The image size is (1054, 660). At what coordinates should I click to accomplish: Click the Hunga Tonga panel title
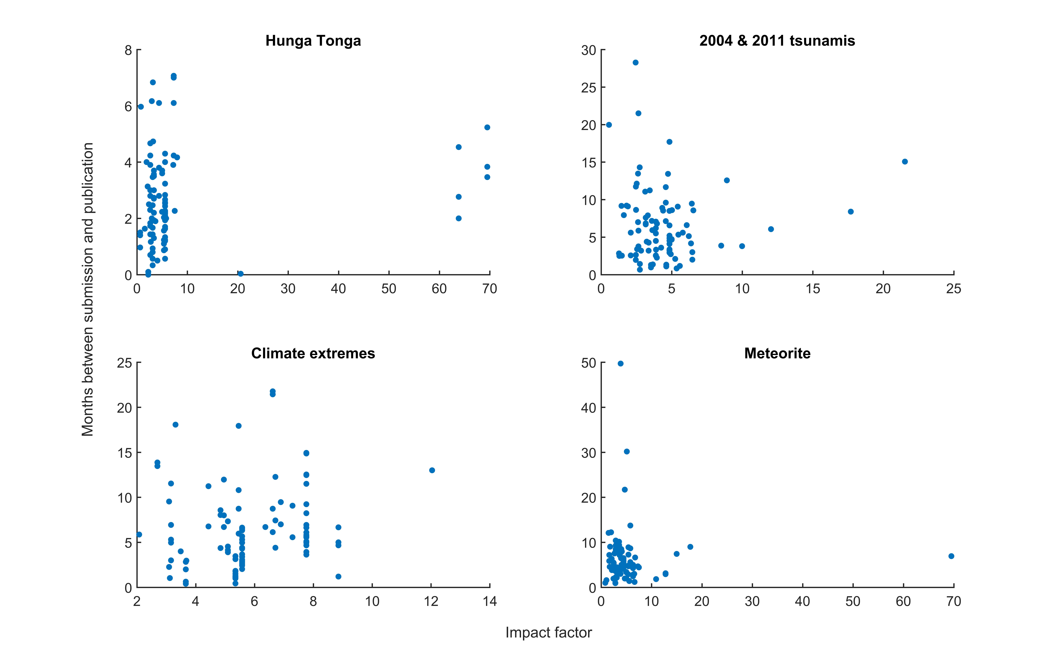pos(313,41)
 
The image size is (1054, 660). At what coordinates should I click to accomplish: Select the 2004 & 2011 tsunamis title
pos(777,41)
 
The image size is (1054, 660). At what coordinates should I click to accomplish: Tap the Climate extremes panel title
pos(313,353)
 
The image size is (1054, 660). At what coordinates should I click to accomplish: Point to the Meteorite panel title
pos(777,353)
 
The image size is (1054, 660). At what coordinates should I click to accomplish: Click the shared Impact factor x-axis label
pos(548,633)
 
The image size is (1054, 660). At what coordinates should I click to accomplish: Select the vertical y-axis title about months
pos(88,289)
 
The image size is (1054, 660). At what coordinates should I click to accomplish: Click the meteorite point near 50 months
pos(620,364)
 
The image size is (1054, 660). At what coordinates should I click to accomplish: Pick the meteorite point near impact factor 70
pos(951,556)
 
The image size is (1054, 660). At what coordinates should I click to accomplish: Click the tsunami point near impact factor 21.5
pos(905,161)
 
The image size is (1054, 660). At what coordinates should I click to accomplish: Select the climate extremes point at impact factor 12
pos(432,470)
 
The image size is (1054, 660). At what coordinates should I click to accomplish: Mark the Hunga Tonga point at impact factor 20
pos(241,274)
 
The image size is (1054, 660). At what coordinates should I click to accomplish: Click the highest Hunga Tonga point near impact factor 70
pos(487,127)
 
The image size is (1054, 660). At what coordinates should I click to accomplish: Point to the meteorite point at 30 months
pos(627,451)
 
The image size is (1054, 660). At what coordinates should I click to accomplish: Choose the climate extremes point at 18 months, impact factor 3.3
pos(175,425)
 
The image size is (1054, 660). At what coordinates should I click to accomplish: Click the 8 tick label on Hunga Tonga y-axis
pos(128,50)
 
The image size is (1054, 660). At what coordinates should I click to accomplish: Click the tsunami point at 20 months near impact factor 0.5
pos(609,125)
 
